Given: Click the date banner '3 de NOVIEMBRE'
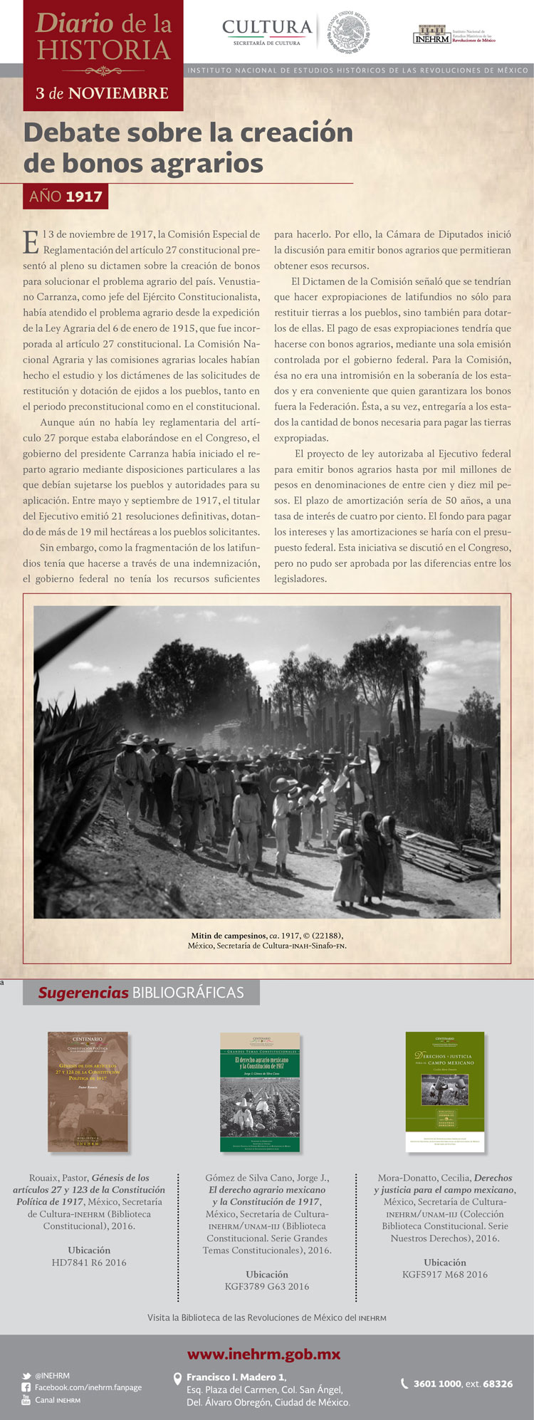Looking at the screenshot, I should tap(103, 93).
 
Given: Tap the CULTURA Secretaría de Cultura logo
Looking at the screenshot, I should tap(267, 32).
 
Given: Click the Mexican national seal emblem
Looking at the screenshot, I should tap(349, 32).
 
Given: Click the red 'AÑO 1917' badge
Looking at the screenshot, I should tap(66, 196).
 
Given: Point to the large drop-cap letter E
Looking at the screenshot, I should tap(31, 242).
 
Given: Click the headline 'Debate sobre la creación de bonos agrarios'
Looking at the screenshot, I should tap(189, 147).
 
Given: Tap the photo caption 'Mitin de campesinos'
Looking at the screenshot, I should tap(267, 940).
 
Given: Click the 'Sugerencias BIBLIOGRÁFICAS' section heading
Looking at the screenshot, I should tap(141, 993).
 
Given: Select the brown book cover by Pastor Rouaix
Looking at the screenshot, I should tap(88, 1092).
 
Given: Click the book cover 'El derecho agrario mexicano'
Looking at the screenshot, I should tap(260, 1092).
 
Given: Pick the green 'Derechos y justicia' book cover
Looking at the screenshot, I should tap(445, 1092).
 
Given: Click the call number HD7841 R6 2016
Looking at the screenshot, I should tap(89, 1263).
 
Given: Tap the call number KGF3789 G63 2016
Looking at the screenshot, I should tap(267, 1287).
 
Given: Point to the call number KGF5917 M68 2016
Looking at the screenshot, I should tap(445, 1275).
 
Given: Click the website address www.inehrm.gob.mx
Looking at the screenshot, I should tap(263, 1354).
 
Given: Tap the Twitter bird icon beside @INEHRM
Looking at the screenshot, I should tap(26, 1376).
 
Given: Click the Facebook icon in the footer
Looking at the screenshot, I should tap(26, 1388).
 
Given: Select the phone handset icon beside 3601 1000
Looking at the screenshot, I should tap(405, 1384).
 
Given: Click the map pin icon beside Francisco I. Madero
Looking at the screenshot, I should tap(178, 1379).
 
